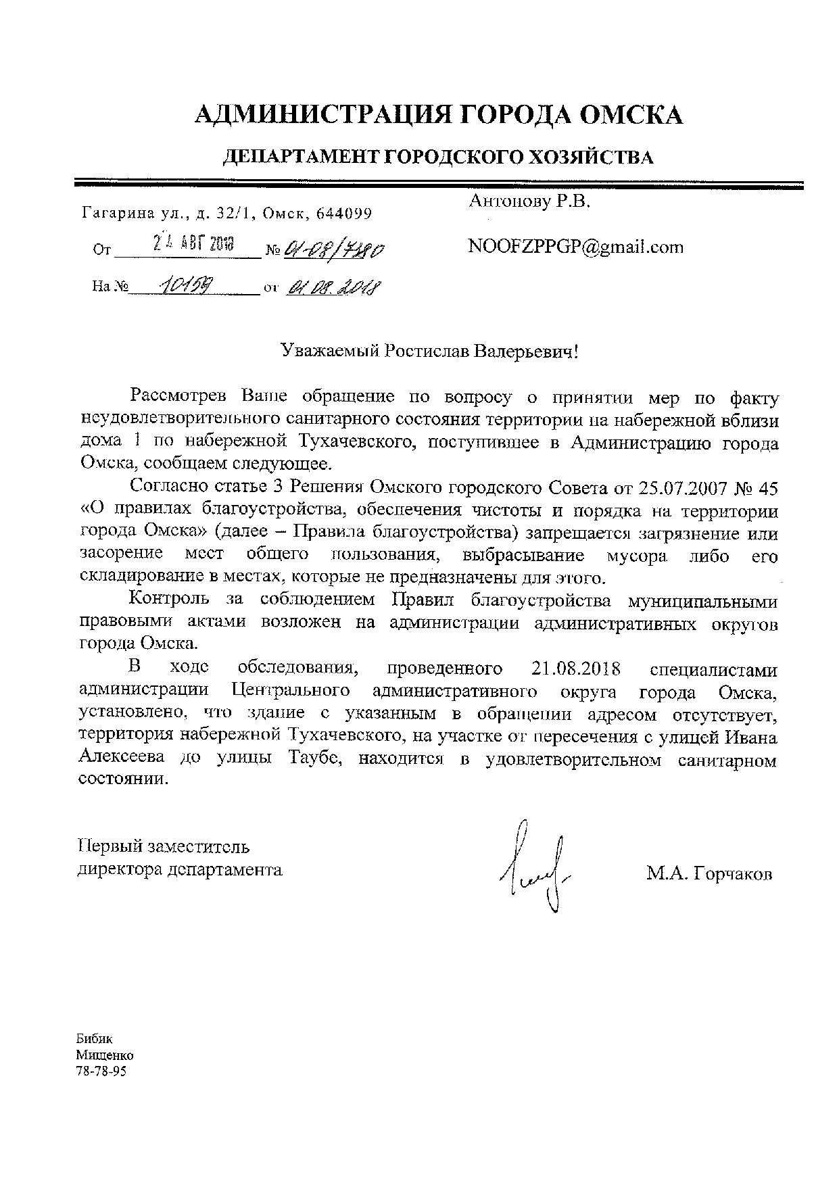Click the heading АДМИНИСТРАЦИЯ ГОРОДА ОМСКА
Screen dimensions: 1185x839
pos(438,115)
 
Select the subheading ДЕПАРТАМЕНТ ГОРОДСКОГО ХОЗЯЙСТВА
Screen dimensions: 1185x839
pos(438,158)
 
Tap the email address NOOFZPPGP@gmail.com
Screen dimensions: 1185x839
pos(575,247)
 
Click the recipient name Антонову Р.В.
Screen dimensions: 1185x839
pos(529,201)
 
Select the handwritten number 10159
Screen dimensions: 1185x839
pos(185,287)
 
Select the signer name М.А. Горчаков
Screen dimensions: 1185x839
pos(709,874)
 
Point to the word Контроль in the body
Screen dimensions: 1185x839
pos(168,600)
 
